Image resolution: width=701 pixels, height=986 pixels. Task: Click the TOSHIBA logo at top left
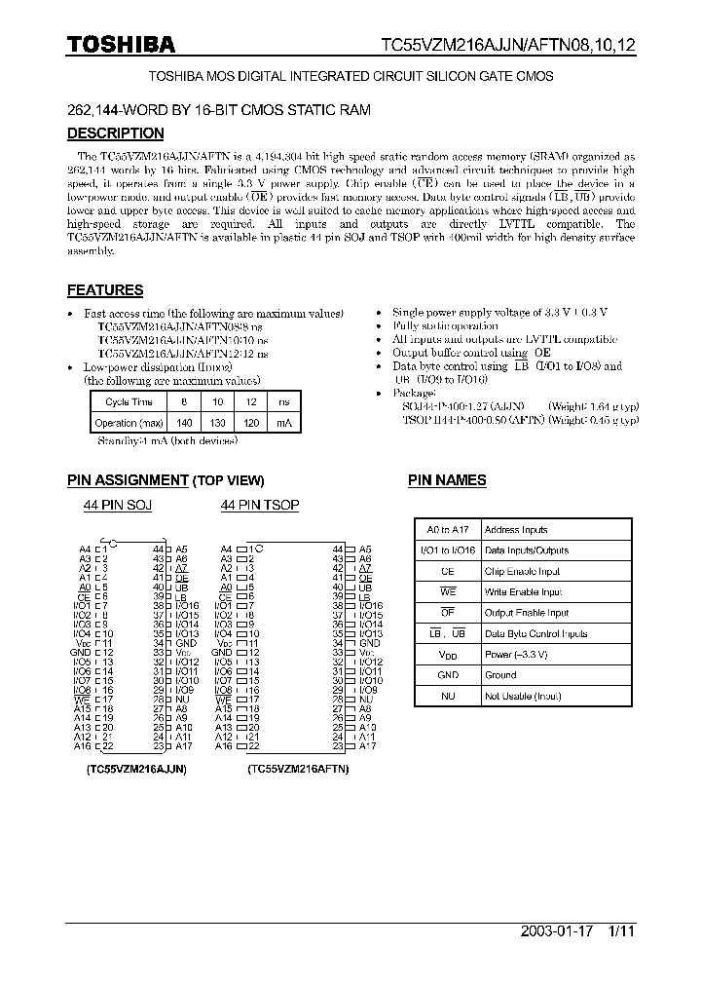[121, 44]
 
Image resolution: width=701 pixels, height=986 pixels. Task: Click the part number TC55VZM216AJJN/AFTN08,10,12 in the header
[508, 45]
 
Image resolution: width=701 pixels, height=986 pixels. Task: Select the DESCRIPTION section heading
[115, 133]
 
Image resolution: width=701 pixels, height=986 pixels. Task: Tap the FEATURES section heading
[105, 289]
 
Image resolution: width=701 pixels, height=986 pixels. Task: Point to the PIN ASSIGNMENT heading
[128, 480]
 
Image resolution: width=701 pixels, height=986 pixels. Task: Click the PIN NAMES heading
[447, 480]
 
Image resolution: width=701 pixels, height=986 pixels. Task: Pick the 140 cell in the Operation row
[184, 423]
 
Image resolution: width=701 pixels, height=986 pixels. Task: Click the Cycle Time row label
[129, 401]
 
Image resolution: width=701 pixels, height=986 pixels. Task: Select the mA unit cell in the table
[283, 423]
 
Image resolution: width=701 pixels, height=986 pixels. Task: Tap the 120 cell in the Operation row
[250, 423]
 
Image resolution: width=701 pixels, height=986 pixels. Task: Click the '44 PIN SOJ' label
[117, 505]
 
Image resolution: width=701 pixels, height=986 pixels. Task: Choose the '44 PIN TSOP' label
[260, 505]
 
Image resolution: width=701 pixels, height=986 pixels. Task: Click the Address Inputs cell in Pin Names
[516, 530]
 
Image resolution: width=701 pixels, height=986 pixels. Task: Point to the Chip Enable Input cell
[522, 572]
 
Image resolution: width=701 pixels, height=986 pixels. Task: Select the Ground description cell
[500, 675]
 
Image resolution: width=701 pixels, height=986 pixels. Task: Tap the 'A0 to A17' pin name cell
[447, 530]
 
